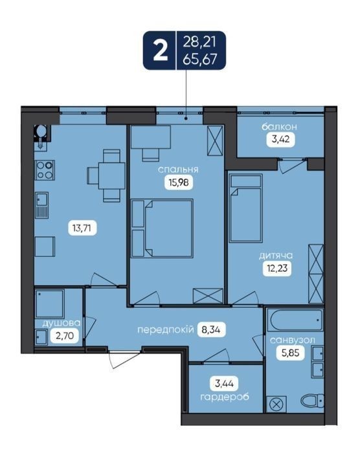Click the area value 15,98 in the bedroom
[x=179, y=182]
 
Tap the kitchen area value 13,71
[x=82, y=228]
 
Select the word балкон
[x=280, y=127]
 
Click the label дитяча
[x=276, y=256]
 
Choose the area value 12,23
[x=277, y=269]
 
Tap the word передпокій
[x=165, y=329]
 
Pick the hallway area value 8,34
[x=211, y=329]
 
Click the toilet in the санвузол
[x=312, y=401]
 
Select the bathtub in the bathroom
[x=295, y=320]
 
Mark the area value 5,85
[x=290, y=353]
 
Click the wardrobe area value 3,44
[x=225, y=384]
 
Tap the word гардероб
[x=225, y=397]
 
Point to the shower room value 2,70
[x=65, y=336]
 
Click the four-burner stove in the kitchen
[x=45, y=170]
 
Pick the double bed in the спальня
[x=162, y=228]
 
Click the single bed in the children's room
[x=246, y=208]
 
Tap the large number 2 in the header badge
[x=160, y=51]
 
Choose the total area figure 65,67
[x=200, y=59]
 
